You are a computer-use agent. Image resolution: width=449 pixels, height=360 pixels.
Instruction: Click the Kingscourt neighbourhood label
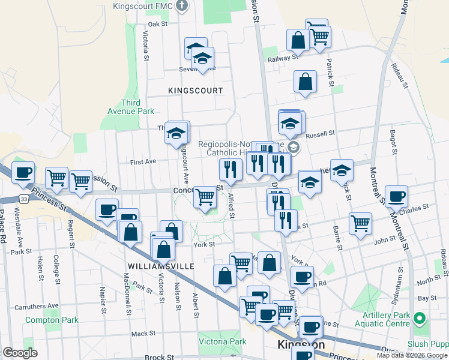tap(196, 91)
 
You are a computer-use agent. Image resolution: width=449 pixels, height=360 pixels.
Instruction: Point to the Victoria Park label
tap(222, 341)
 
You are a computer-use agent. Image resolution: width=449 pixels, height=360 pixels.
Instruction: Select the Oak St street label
tap(157, 24)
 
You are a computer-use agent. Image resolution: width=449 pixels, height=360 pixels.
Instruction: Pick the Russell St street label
tap(319, 136)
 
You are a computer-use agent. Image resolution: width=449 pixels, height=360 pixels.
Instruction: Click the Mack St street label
tap(143, 334)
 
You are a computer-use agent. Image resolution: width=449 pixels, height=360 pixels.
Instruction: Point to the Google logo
tap(20, 353)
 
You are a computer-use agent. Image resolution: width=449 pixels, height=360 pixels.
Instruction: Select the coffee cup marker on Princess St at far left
tap(23, 173)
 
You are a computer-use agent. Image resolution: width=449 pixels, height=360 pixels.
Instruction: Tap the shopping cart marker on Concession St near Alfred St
tap(205, 196)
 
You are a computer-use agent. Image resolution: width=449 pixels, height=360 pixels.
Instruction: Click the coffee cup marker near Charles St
tap(396, 196)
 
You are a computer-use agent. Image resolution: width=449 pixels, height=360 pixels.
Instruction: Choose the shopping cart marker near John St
tap(360, 223)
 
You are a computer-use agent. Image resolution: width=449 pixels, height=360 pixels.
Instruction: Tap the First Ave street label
tap(143, 162)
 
